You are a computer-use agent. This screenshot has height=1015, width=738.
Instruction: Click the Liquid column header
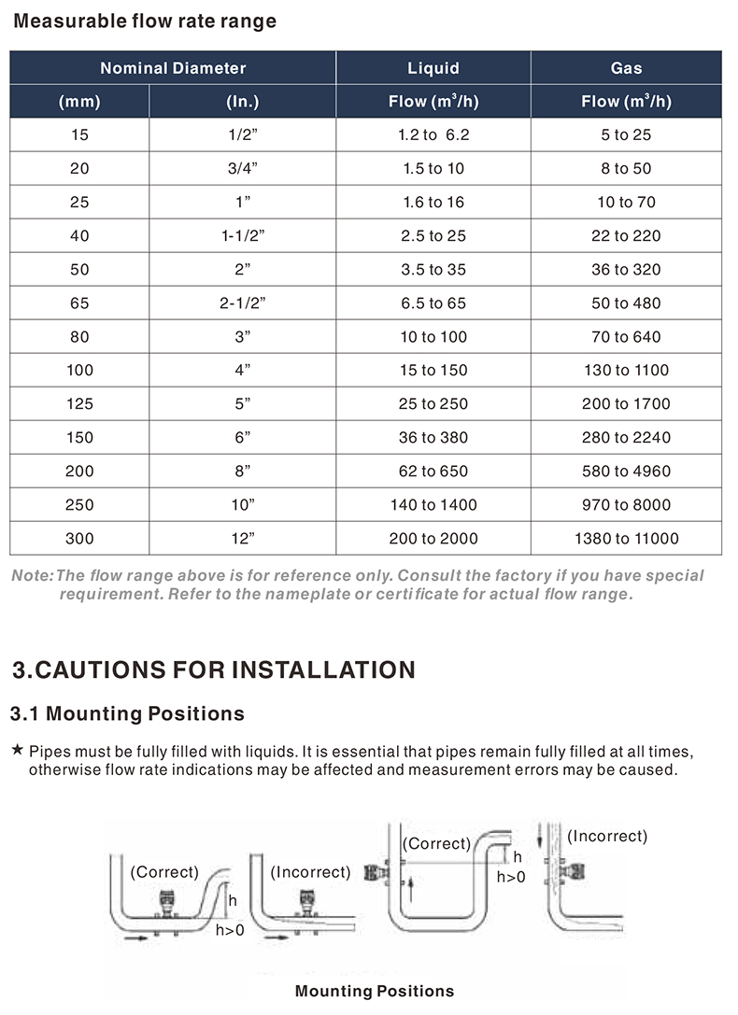click(x=433, y=68)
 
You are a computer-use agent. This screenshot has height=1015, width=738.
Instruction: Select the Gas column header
click(x=626, y=68)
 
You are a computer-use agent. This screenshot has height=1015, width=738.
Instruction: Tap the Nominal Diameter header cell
click(x=173, y=68)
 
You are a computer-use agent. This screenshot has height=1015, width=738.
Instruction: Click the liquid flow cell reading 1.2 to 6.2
click(x=433, y=135)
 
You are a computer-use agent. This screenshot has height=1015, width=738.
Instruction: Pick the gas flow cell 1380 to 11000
click(x=626, y=539)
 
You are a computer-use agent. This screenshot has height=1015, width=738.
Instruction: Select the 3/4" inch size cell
click(x=243, y=169)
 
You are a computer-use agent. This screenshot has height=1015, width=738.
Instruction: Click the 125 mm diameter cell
click(x=79, y=404)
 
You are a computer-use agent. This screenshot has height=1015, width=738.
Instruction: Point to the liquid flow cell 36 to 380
click(x=433, y=438)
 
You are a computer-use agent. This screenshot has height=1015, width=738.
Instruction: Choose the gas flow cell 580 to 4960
click(x=626, y=472)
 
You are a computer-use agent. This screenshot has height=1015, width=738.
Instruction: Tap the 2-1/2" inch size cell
click(x=243, y=303)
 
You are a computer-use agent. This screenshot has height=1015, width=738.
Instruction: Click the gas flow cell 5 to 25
click(x=626, y=135)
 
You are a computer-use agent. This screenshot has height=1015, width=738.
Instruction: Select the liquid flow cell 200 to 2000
click(x=433, y=539)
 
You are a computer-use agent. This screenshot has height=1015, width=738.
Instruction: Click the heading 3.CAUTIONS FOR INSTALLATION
click(x=214, y=670)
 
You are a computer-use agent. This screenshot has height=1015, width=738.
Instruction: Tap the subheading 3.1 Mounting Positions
click(x=127, y=714)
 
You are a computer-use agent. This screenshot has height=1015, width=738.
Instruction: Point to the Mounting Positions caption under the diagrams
click(x=375, y=992)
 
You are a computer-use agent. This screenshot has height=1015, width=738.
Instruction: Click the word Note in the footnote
click(x=31, y=576)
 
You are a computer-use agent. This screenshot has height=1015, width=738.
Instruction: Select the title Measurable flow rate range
click(x=145, y=21)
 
